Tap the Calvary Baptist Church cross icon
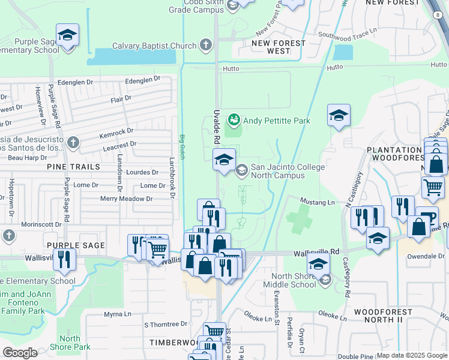206,45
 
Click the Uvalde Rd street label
216,127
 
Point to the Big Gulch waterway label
182,146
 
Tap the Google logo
20,353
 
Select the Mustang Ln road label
317,203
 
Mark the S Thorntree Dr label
166,324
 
